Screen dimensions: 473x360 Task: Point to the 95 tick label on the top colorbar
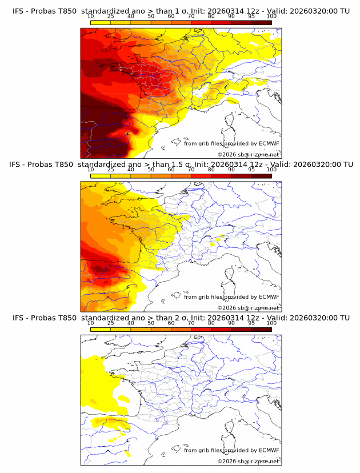tap(251, 17)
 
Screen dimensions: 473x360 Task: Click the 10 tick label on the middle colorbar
tap(91, 170)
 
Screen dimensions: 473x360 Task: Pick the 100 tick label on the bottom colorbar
tap(271, 323)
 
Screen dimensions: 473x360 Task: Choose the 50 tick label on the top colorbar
tap(151, 17)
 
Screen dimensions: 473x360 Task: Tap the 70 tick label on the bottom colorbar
tap(191, 323)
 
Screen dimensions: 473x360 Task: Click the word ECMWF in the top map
tap(269, 143)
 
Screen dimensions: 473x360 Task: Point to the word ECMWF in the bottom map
tap(269, 450)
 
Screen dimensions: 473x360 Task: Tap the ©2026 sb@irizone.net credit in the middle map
tap(248, 307)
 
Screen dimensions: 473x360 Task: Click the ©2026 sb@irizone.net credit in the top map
tap(248, 154)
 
